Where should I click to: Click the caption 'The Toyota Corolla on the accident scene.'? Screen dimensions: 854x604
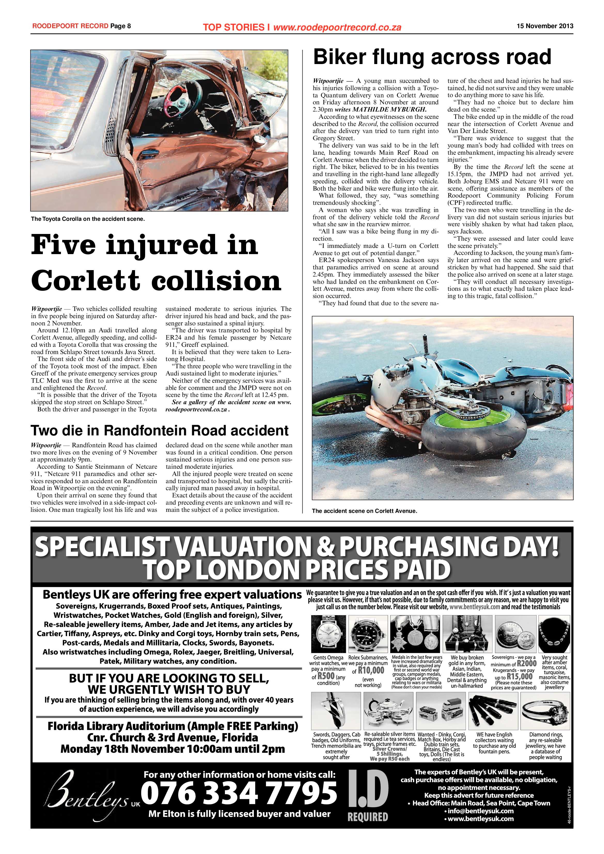[x=88, y=219]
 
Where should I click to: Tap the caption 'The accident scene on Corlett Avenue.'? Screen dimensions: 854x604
[x=364, y=511]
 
